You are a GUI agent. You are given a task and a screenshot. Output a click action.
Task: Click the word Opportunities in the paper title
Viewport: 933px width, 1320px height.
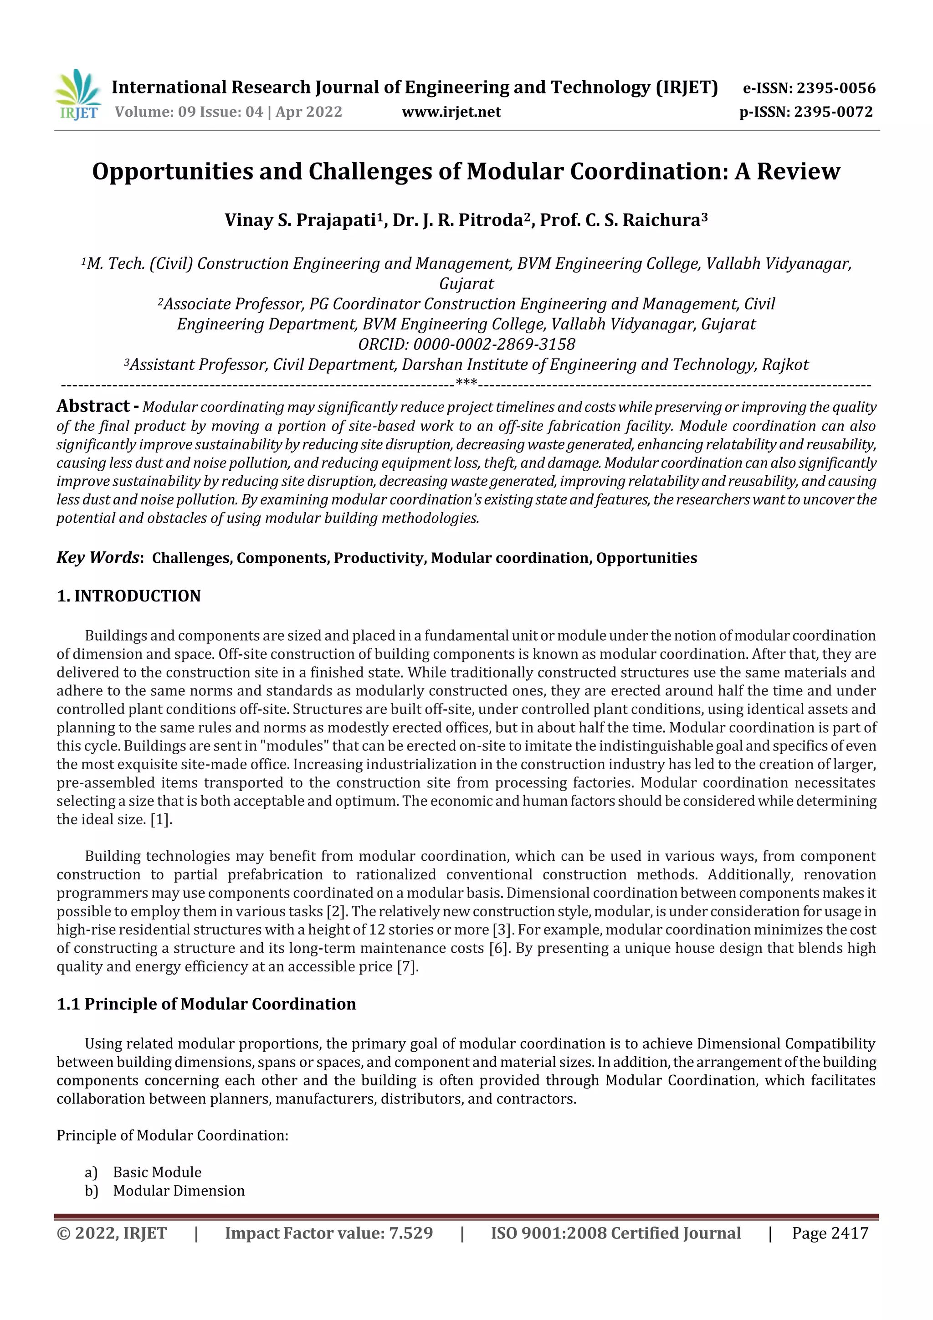click(173, 171)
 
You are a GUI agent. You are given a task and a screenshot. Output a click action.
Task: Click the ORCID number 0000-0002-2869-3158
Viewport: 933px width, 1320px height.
click(494, 344)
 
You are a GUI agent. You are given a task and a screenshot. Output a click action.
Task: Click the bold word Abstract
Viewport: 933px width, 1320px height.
click(93, 406)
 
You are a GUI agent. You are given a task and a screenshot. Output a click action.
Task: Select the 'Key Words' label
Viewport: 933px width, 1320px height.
click(98, 558)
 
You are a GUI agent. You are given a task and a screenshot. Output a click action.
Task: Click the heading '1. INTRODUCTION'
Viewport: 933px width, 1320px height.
click(129, 596)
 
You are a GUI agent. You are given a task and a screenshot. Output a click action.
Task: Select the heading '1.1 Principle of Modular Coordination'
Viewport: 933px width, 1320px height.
click(206, 1004)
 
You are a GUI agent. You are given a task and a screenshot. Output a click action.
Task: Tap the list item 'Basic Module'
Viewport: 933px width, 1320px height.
click(157, 1172)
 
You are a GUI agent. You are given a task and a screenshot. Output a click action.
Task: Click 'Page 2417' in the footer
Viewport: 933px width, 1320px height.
click(830, 1233)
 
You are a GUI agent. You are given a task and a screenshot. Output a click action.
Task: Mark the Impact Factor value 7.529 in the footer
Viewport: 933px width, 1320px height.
click(410, 1233)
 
